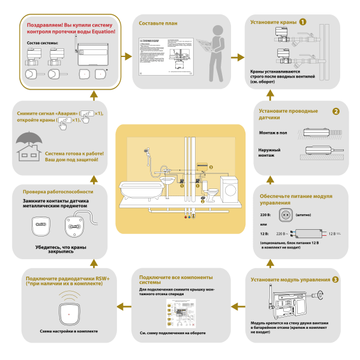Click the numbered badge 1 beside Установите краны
click(x=304, y=22)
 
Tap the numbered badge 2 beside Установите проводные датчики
click(x=337, y=111)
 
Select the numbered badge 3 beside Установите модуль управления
click(x=335, y=280)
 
